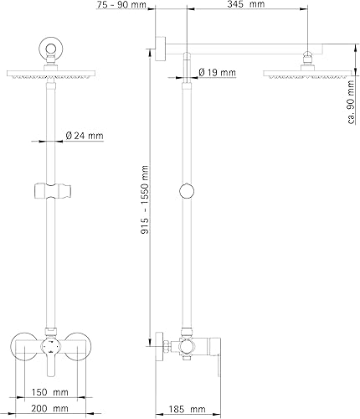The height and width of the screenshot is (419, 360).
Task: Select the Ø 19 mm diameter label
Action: [x=217, y=71]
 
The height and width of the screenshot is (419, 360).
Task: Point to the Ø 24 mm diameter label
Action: [x=84, y=137]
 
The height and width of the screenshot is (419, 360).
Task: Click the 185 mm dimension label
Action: [x=192, y=408]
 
